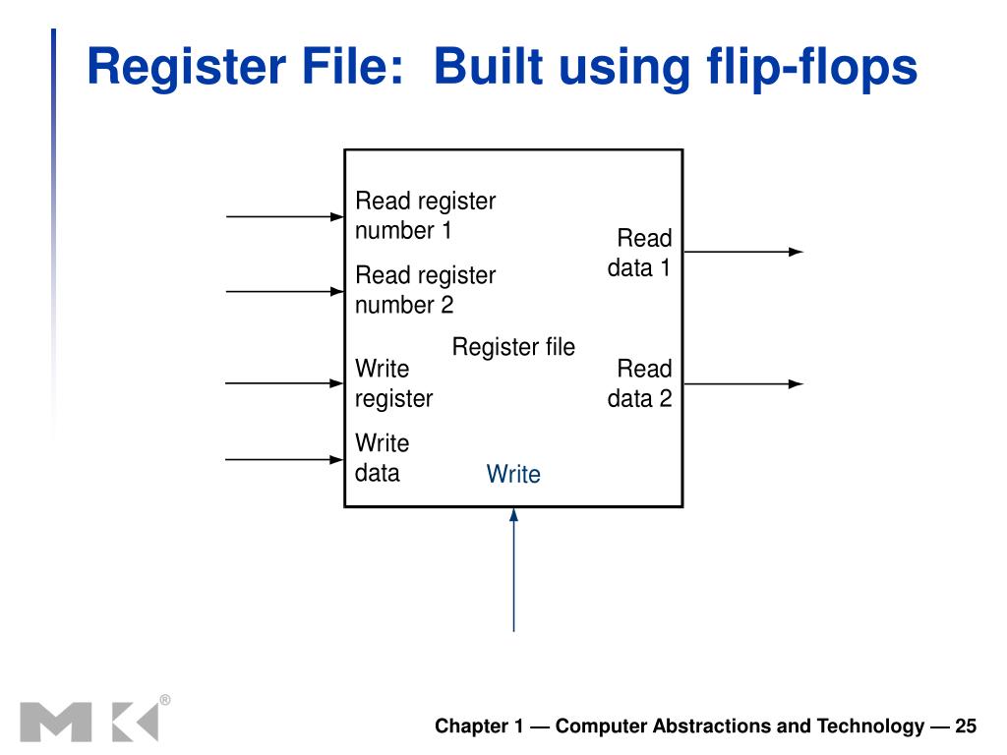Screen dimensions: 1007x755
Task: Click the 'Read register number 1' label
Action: (425, 215)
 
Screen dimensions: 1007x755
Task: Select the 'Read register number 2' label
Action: (425, 290)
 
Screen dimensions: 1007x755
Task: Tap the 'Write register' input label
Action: (393, 383)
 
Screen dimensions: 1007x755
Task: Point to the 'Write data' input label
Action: (383, 458)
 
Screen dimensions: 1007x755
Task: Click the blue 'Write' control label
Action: (513, 474)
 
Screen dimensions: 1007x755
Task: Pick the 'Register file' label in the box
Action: (513, 347)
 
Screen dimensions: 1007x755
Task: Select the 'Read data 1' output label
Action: (639, 253)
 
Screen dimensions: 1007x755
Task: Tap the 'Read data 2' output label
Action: (639, 383)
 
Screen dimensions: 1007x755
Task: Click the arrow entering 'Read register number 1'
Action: (285, 217)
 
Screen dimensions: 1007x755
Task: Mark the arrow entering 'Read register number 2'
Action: (285, 291)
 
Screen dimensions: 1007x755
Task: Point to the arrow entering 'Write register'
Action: (285, 383)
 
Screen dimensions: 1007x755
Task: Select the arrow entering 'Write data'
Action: (285, 460)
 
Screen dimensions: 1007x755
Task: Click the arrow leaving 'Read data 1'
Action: (743, 252)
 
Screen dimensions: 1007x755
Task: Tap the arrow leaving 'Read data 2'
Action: (743, 384)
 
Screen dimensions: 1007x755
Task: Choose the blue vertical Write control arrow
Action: (513, 569)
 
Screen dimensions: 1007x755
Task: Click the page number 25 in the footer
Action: (966, 726)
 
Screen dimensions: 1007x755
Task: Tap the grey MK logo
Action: (89, 722)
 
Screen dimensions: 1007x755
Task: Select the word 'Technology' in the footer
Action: (870, 726)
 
